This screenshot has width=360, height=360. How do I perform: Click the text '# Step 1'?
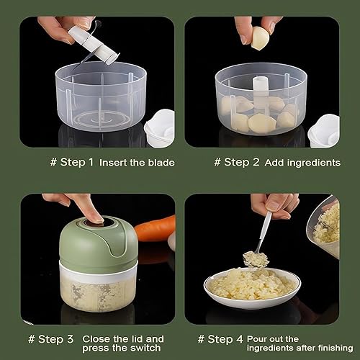click(71, 162)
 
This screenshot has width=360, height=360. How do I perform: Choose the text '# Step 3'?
click(52, 338)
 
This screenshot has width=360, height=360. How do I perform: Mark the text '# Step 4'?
click(220, 338)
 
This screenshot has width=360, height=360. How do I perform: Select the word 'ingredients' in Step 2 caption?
click(313, 163)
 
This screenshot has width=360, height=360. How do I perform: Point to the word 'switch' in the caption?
click(146, 348)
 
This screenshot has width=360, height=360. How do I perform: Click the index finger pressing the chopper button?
click(91, 210)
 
